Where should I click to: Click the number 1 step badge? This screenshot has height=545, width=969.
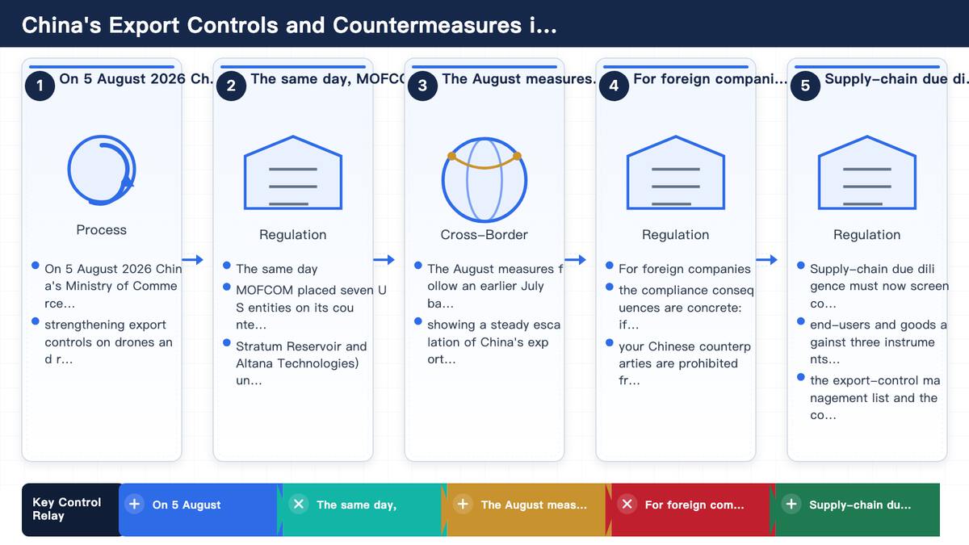pos(40,86)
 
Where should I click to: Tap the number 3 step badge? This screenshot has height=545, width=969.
pos(422,86)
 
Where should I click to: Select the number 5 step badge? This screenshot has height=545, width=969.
pos(806,86)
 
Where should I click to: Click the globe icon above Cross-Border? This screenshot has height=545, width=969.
pos(484,179)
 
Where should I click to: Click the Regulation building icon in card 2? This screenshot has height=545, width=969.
pos(293,173)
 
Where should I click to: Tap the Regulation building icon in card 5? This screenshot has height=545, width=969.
pos(867,173)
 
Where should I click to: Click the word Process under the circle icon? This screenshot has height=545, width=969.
pos(101,229)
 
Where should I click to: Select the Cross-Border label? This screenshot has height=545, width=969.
pos(484,234)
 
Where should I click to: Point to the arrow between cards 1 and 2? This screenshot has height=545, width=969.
pos(192,259)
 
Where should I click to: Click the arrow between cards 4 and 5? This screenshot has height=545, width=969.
pos(766,259)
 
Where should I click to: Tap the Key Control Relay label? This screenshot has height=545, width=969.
pos(66,509)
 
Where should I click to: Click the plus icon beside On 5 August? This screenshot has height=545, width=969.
pos(134,504)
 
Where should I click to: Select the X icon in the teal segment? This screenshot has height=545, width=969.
pos(299,504)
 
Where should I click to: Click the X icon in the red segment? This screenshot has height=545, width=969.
pos(627,504)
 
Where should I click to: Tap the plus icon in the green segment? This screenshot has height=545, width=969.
pos(791,504)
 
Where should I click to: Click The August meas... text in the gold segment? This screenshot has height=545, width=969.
pos(534,505)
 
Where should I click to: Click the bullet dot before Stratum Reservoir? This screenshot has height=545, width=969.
pos(227,342)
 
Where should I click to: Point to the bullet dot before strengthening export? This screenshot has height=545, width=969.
pos(36,321)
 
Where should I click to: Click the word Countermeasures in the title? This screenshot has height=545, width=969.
pos(427,25)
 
